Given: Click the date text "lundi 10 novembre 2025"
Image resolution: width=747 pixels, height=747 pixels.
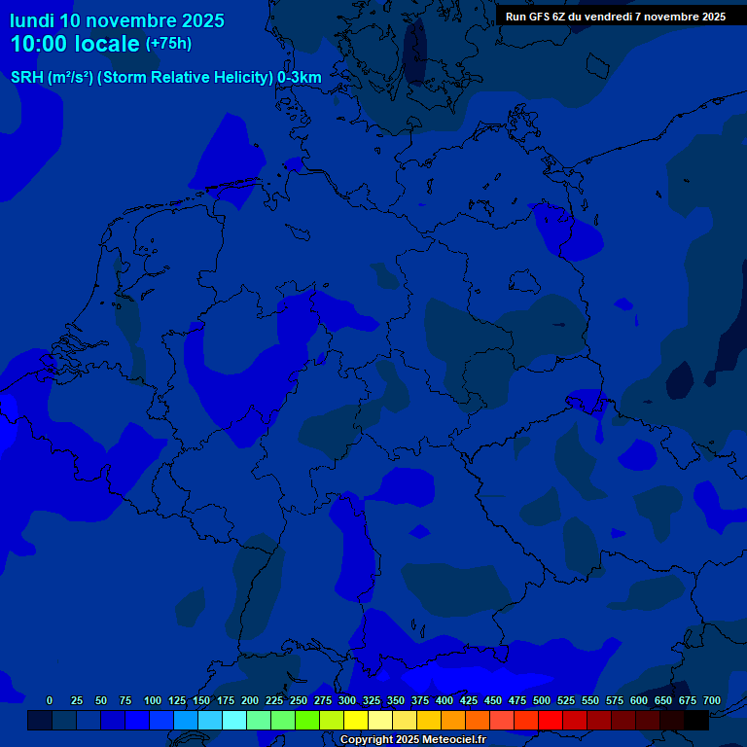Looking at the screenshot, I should pos(117,20).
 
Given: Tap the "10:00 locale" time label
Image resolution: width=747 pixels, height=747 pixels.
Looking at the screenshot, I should pos(75,45).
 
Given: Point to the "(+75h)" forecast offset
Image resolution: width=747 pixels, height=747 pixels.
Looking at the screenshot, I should pos(168,44).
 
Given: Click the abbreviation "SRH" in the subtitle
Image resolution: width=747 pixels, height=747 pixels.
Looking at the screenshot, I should pos(26,78).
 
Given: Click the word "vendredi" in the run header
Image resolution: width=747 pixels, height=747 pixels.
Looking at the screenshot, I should pos(607,17).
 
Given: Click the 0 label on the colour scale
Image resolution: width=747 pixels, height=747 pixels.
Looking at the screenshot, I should pos(50,701).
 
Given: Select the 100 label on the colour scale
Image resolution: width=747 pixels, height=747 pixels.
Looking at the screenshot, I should pos(152,701).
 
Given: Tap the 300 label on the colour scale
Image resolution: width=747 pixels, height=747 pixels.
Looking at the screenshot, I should pos(346,701).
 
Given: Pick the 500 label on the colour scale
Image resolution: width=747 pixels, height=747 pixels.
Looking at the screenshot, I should pos(541,701).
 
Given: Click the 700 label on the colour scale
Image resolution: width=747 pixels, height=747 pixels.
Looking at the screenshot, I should pos(711,701).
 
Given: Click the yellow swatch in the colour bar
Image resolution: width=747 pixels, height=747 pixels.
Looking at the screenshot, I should pos(356,721).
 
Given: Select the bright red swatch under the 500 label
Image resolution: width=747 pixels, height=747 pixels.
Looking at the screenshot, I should pos(551,721).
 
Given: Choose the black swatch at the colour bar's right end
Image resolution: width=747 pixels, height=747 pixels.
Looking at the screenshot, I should pos(696,721).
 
